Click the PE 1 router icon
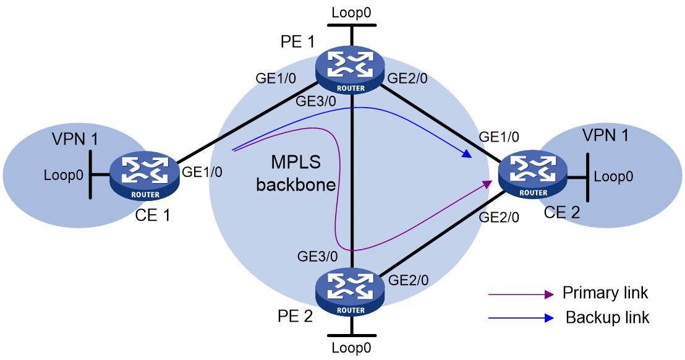(351, 70)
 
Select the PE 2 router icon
(351, 292)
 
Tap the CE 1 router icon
(145, 176)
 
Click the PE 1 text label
(297, 41)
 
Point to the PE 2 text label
(296, 316)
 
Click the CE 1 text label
(153, 215)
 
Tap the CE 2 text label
(562, 212)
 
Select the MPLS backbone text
(296, 173)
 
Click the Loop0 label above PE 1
(351, 12)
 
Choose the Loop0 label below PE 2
(351, 348)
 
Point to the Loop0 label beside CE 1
(63, 175)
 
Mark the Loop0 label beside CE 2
(613, 176)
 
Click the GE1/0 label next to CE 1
(202, 172)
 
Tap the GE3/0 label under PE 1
(316, 101)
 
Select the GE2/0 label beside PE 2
(408, 280)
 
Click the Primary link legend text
(605, 293)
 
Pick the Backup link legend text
(607, 317)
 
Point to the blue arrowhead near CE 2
(467, 154)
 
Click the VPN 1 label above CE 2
(605, 135)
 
